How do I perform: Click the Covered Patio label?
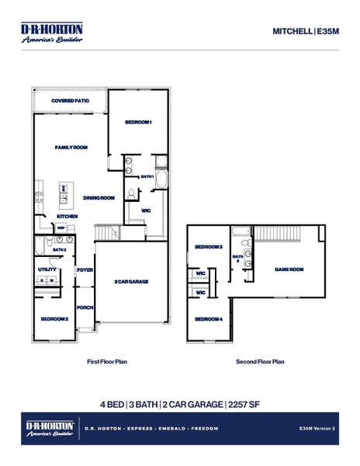click(70, 101)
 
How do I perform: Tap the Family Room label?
click(71, 147)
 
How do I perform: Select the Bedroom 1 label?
click(138, 122)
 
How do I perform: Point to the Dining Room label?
click(99, 198)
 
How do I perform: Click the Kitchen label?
click(67, 216)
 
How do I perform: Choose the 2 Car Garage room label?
click(131, 281)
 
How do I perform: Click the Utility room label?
click(46, 270)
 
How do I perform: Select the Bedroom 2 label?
click(54, 318)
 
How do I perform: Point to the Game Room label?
click(289, 270)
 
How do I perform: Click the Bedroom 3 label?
click(209, 247)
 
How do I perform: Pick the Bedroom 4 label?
click(209, 319)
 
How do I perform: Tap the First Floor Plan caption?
click(108, 361)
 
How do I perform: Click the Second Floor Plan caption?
click(260, 361)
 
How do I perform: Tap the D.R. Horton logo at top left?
click(51, 32)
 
